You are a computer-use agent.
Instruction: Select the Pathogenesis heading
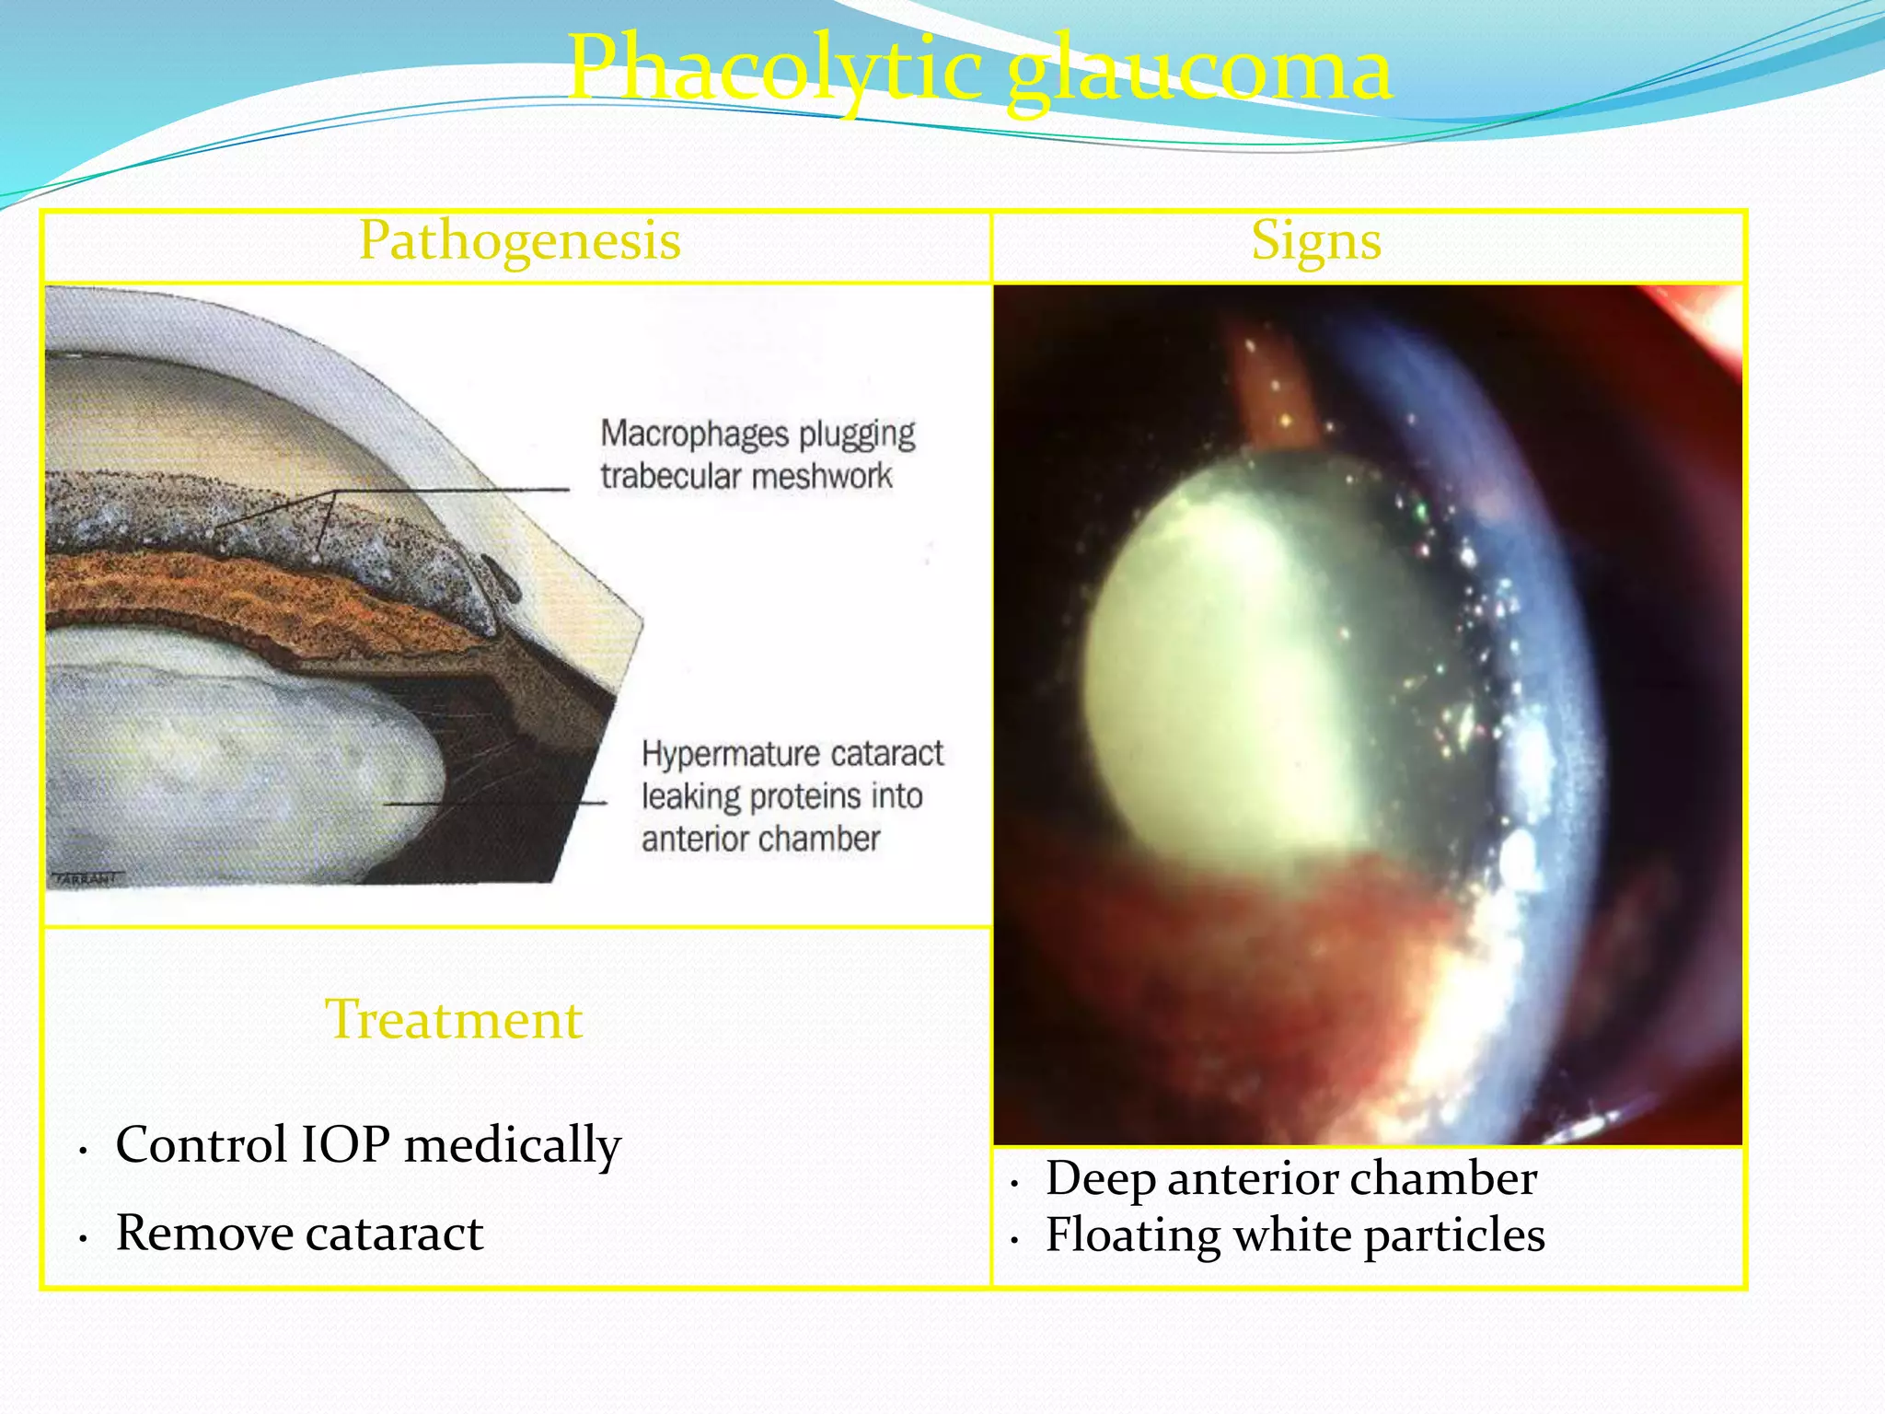519,241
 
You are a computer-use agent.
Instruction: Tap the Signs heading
1315,241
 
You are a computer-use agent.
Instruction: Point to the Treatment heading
454,1020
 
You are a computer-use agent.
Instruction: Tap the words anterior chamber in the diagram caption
760,840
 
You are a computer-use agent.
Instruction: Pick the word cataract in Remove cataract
395,1234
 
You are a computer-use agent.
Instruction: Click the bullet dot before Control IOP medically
83,1151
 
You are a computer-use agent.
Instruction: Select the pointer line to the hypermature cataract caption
497,804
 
